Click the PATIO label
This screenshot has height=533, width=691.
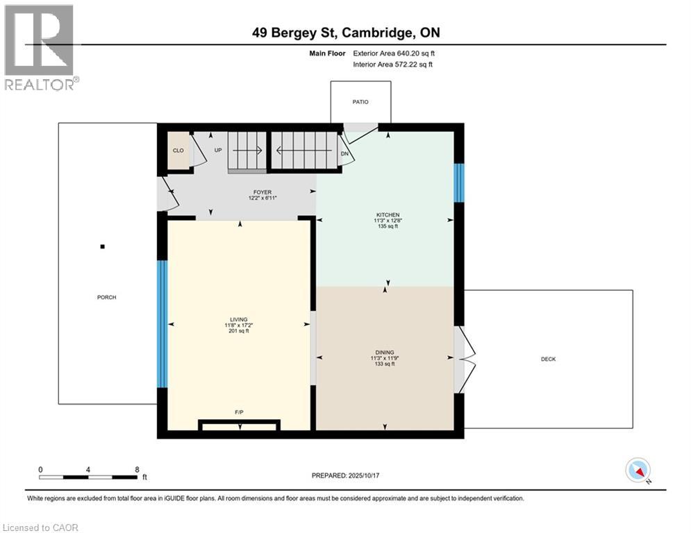[360, 102]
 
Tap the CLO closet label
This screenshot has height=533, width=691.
[178, 150]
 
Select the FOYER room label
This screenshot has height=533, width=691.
[263, 192]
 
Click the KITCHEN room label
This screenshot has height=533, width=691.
[388, 214]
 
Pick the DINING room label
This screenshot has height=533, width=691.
[384, 352]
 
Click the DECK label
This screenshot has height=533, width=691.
[548, 359]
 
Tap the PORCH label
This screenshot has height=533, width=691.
[106, 297]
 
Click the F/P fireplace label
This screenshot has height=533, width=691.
[239, 412]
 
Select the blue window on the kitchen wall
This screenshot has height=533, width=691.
[458, 183]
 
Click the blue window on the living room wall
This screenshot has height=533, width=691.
[162, 323]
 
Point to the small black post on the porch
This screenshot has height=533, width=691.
[102, 246]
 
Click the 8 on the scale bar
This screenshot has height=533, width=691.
[137, 469]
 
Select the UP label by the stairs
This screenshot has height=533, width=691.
[217, 150]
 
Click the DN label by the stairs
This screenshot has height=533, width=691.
[344, 155]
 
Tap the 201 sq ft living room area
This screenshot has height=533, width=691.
[238, 331]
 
